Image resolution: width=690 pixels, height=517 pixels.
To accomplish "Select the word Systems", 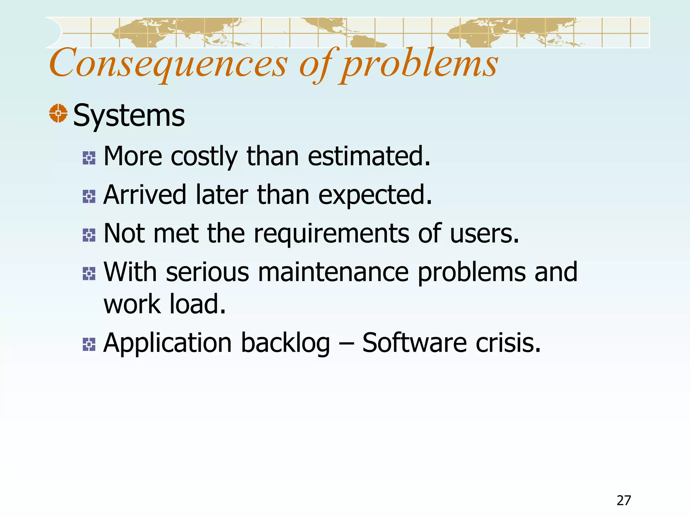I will click(129, 115).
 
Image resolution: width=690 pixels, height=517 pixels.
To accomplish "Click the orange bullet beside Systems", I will click(58, 113).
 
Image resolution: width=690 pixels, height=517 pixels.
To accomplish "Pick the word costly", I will click(204, 156).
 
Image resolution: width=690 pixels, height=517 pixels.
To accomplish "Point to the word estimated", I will click(369, 156).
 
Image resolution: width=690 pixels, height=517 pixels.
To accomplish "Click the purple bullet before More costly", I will click(89, 158).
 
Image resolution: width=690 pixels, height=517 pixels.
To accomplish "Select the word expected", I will click(375, 195).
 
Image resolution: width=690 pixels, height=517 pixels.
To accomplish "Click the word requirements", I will click(332, 233).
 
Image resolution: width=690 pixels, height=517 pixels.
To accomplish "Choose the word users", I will click(484, 233).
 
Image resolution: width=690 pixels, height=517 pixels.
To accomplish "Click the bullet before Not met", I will click(89, 235).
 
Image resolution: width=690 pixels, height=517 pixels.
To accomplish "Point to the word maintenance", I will click(333, 272).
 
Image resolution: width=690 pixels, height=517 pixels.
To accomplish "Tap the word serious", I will click(208, 272).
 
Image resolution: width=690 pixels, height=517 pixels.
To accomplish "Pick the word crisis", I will click(508, 343).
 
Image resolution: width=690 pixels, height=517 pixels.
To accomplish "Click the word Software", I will click(414, 343).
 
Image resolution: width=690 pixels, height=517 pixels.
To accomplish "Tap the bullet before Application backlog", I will click(89, 344).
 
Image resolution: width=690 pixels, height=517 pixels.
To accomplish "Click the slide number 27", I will click(624, 501).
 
